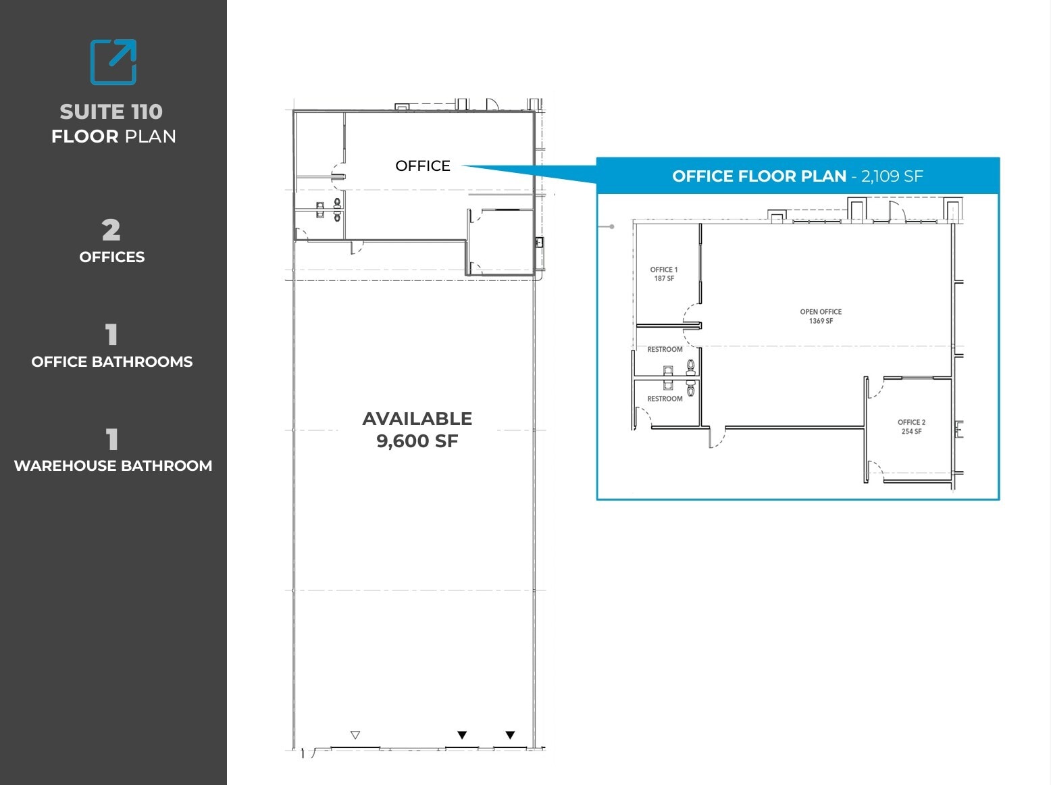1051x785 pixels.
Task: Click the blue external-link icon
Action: pos(113,62)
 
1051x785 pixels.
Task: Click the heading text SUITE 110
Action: pos(111,111)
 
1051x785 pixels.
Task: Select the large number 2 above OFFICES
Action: pos(111,230)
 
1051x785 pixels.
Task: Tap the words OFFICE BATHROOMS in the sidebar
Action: pos(112,361)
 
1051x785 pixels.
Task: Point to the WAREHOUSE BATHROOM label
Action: pos(113,465)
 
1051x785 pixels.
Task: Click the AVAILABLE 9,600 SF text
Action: pos(417,430)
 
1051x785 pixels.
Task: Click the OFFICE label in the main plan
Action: pos(423,166)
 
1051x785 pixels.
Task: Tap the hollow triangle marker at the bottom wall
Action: pos(355,735)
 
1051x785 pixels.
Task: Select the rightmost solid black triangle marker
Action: pos(510,735)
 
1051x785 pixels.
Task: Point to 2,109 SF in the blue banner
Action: pos(892,176)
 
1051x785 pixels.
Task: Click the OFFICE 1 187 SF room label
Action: pos(664,274)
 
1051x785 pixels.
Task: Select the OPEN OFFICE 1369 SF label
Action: pos(821,316)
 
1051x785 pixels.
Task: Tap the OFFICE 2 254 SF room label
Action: pos(911,426)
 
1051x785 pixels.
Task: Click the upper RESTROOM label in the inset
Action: pos(665,349)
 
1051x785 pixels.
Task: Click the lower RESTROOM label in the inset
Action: pos(665,399)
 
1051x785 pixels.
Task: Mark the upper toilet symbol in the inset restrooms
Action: pos(690,367)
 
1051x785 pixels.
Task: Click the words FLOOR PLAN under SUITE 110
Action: pos(113,136)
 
